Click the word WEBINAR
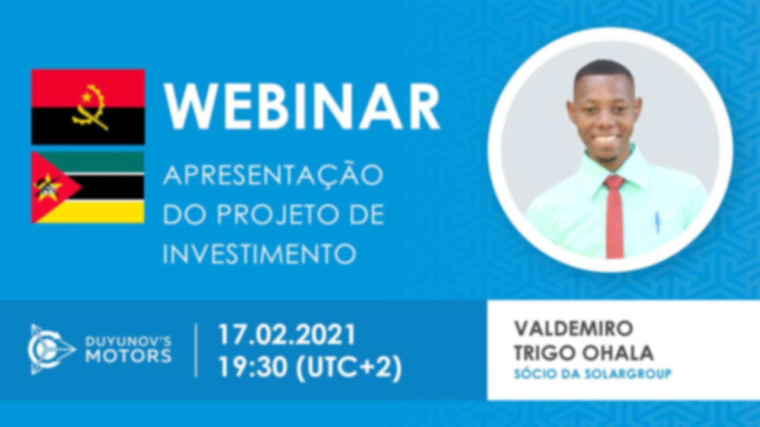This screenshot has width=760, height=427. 303,106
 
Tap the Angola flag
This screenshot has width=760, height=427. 88,107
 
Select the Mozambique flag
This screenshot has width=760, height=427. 88,187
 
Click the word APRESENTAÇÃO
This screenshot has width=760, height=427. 273,175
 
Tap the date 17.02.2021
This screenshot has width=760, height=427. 287,334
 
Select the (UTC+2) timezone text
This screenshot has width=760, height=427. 349,368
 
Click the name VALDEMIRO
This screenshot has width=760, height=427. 574,329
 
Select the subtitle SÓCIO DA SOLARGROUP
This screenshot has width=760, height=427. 593,374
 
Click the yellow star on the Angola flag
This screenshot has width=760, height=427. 86,96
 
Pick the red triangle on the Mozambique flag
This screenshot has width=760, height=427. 55,187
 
